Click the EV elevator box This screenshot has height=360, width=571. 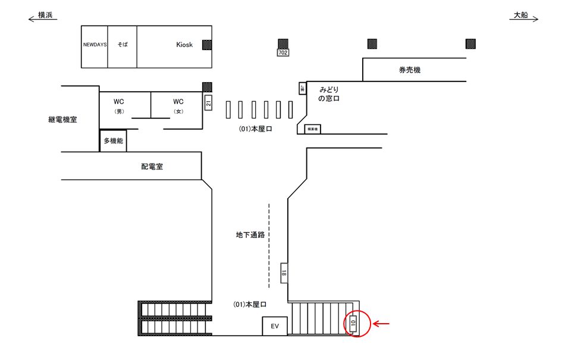275,326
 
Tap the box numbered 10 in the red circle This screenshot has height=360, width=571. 353,324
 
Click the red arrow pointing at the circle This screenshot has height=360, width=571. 381,324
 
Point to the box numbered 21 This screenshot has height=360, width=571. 208,102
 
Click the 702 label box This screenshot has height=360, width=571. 283,53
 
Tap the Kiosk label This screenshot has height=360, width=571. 184,45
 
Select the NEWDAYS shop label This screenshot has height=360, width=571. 94,45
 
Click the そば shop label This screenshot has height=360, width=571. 123,45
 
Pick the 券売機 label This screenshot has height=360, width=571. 409,70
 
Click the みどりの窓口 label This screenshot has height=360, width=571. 328,93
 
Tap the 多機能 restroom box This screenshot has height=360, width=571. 113,141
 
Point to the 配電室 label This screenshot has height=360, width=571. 152,167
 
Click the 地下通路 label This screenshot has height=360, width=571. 250,235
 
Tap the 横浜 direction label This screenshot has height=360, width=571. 46,16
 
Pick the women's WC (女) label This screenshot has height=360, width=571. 177,105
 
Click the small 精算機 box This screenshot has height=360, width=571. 312,129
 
